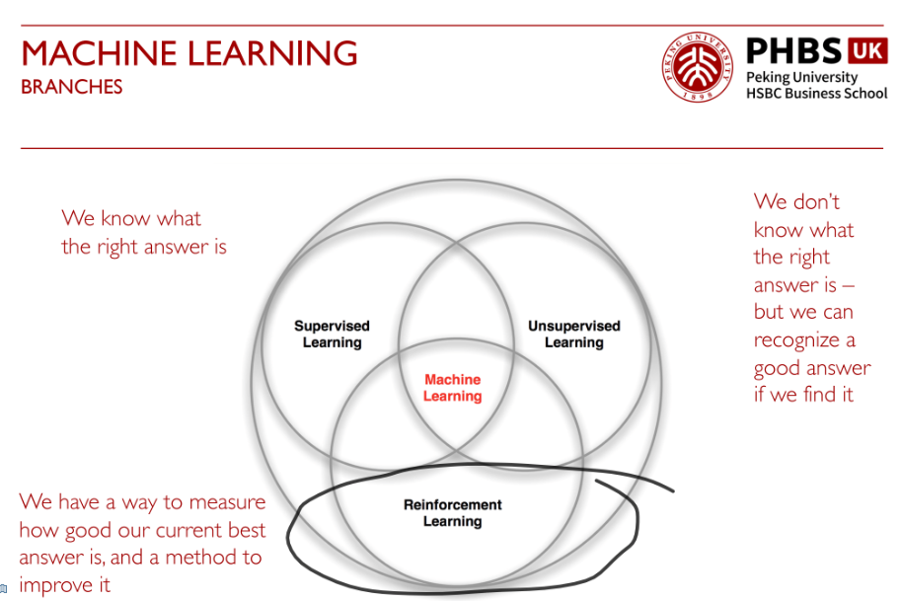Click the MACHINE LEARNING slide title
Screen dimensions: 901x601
coord(189,53)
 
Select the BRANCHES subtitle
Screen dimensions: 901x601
coord(72,87)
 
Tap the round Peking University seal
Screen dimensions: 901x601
coord(698,67)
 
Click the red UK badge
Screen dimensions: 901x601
coord(867,50)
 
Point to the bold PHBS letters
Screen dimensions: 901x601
coord(794,50)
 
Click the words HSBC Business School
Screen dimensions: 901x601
coord(816,93)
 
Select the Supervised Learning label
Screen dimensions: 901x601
coord(333,335)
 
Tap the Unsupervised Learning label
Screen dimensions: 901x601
coord(574,335)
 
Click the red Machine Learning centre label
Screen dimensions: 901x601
coord(453,388)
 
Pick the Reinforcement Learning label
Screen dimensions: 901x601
coord(453,513)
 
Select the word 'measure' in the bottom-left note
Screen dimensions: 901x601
coord(228,502)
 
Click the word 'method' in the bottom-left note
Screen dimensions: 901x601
coord(197,558)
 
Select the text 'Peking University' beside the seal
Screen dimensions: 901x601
coord(801,77)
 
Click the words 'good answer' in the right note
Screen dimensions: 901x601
coord(812,368)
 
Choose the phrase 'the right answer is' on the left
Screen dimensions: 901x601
coord(144,247)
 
